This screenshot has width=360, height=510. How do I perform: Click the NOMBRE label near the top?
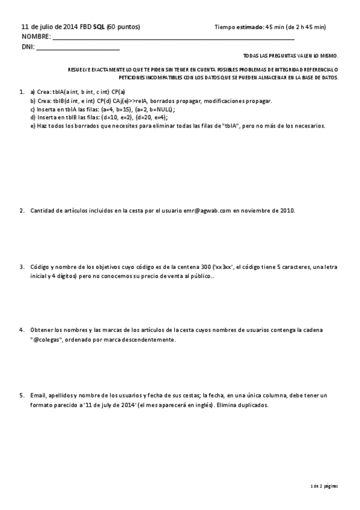(36, 37)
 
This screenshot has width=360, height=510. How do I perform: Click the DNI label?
(28, 46)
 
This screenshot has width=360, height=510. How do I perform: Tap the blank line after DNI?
(78, 48)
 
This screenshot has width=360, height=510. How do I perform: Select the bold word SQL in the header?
(99, 27)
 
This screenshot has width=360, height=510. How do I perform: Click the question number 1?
(22, 93)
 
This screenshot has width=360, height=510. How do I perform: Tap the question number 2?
(22, 210)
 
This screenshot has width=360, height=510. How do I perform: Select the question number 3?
(22, 266)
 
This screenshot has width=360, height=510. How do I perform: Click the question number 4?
(22, 330)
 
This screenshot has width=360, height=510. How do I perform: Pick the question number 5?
(22, 395)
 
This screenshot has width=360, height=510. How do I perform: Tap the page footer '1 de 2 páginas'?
(323, 485)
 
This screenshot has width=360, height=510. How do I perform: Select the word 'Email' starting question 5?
(38, 395)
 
